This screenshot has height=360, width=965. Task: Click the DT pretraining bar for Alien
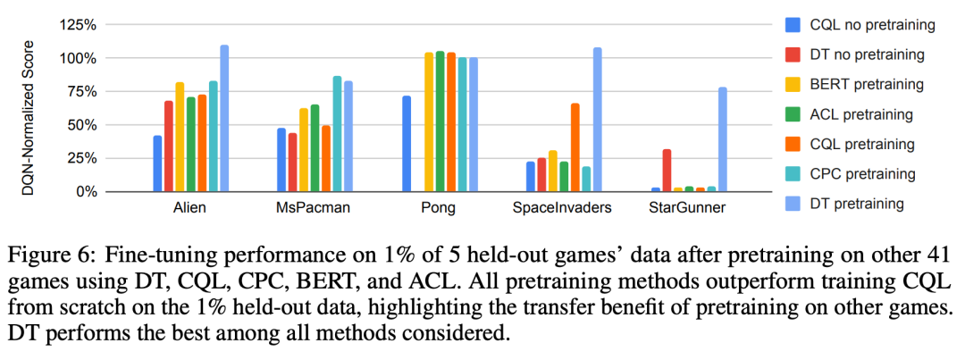(x=224, y=119)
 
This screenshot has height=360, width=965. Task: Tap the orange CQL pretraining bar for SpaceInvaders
(x=575, y=147)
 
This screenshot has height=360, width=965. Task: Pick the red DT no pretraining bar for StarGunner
(x=667, y=171)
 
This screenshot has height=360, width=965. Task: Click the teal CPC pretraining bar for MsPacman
(x=337, y=134)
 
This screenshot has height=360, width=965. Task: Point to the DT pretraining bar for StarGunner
(x=722, y=139)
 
